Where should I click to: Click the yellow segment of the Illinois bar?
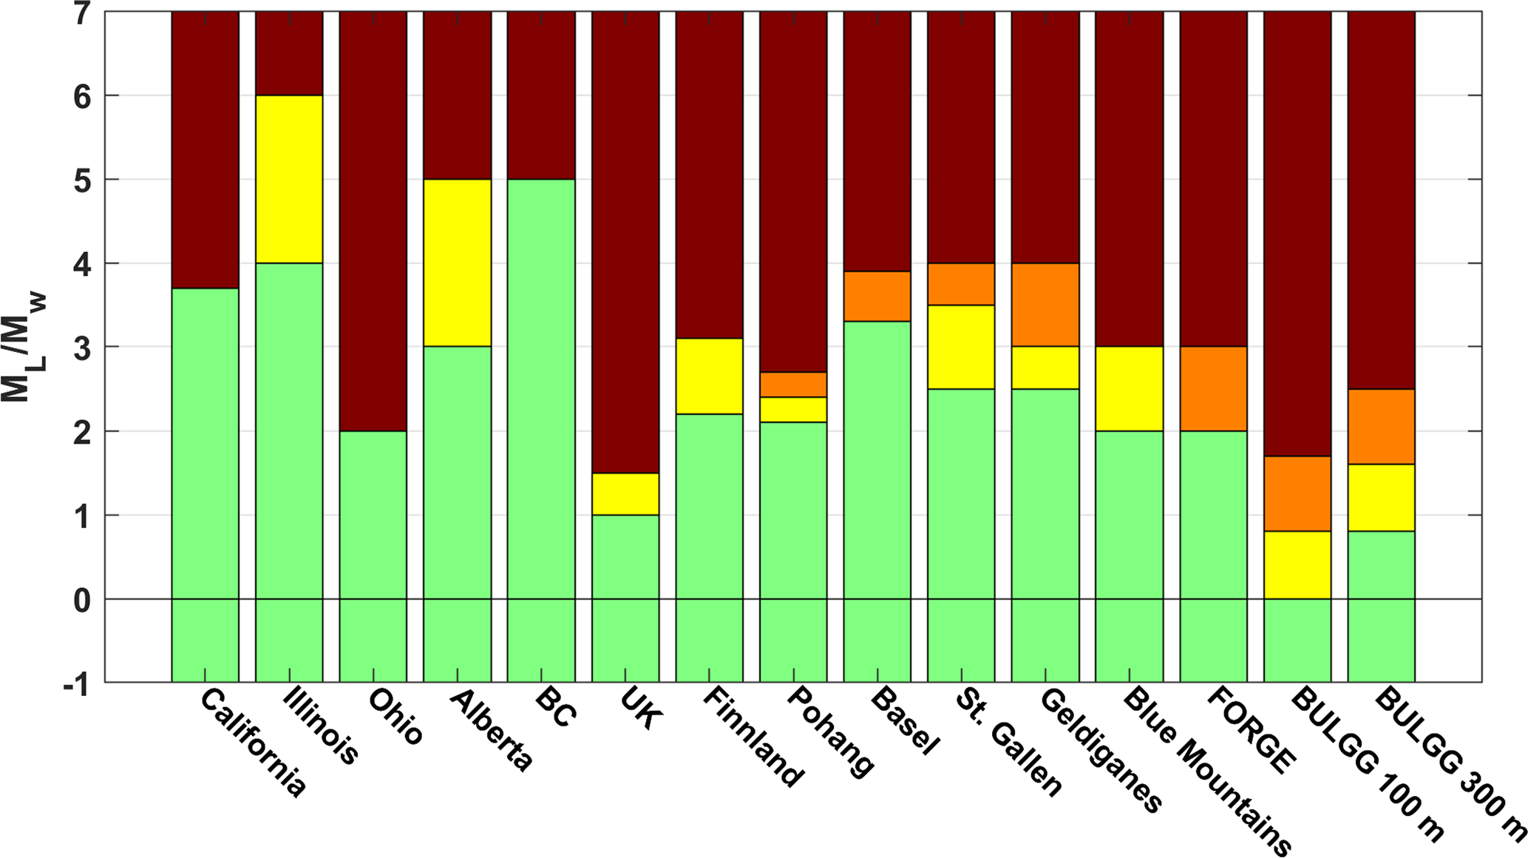289,179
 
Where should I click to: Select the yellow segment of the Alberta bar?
457,263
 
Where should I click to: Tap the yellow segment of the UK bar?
625,493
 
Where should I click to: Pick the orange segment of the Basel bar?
877,296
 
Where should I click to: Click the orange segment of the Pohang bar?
793,385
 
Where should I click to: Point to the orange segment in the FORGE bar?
1213,388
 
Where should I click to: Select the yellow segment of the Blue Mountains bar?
1129,388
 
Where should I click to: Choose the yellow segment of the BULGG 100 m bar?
1297,564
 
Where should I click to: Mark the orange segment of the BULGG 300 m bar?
1381,426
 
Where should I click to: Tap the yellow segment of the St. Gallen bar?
961,346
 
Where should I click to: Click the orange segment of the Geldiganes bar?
1045,305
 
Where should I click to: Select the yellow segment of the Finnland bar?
709,376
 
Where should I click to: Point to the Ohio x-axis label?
395,716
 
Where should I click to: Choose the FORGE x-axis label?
1252,729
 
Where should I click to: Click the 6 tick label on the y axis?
82,96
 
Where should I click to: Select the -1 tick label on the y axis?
76,684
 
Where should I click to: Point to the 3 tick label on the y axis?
82,348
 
